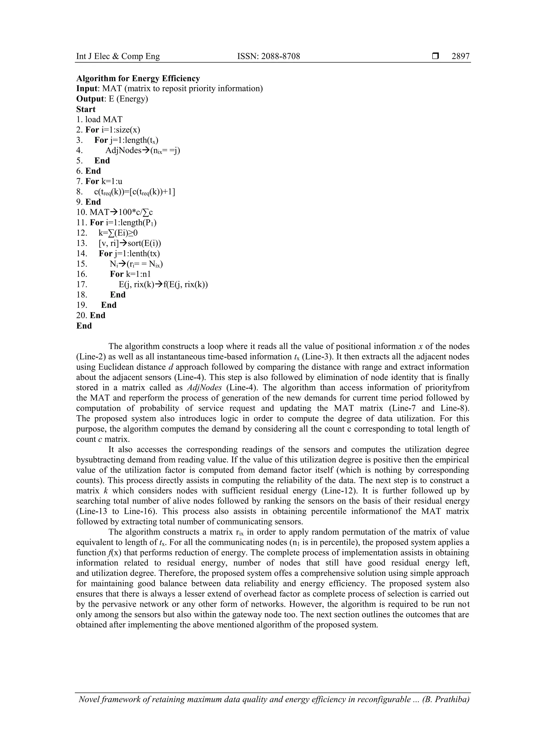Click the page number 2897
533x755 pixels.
click(x=460, y=56)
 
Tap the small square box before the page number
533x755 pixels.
click(x=435, y=56)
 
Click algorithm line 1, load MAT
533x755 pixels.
click(x=99, y=119)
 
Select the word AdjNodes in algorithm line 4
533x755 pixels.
click(x=123, y=150)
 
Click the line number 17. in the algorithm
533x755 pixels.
click(x=82, y=284)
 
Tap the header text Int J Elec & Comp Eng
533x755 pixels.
click(x=118, y=56)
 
